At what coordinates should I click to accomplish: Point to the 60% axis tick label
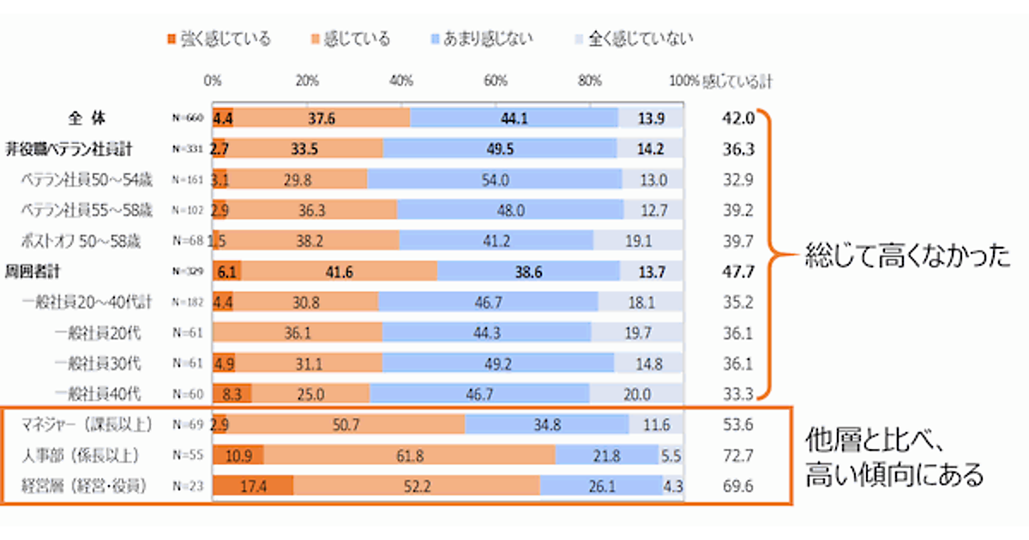[496, 81]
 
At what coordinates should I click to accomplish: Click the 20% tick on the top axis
[308, 81]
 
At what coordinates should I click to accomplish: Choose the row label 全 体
[87, 117]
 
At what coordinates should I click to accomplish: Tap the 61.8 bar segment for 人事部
[408, 455]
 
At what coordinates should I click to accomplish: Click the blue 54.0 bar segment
[495, 179]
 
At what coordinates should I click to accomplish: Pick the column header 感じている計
[736, 81]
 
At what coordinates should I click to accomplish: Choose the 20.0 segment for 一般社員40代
[637, 393]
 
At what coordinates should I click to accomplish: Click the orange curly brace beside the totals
[777, 254]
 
